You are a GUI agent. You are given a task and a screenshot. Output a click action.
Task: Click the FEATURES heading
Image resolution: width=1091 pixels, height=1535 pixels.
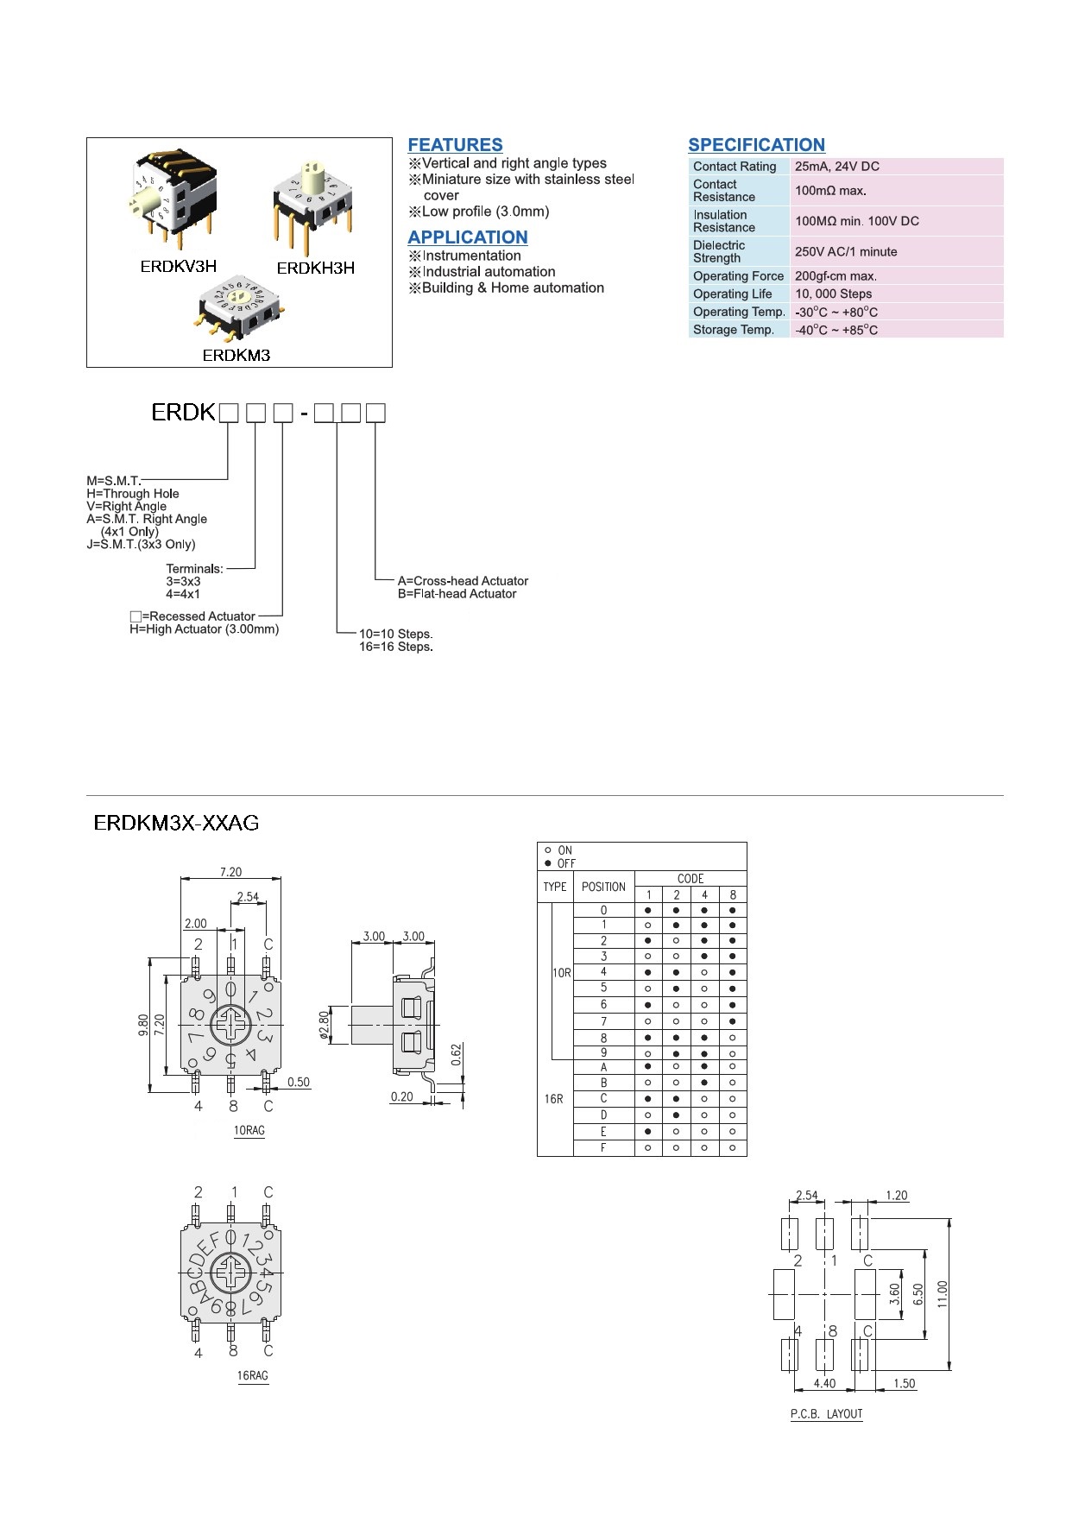pos(455,145)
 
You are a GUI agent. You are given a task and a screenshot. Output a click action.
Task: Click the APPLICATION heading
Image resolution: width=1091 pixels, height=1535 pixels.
pos(467,237)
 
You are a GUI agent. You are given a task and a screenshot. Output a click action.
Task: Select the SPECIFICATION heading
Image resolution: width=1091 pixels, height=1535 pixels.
pos(756,145)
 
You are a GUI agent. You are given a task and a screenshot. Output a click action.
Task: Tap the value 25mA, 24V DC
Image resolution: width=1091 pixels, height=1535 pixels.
pos(836,167)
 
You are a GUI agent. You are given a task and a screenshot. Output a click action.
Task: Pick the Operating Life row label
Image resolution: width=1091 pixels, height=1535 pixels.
pos(732,294)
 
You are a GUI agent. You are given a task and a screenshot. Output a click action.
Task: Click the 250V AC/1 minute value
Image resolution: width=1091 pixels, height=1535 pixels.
pos(845,252)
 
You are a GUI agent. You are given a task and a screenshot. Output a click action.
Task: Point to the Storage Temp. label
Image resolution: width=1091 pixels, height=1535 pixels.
pos(733,330)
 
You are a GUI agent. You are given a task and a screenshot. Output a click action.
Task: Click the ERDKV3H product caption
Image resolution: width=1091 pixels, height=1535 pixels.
pos(178,267)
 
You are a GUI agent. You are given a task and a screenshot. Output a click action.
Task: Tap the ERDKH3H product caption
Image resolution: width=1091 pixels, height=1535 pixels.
pos(315,268)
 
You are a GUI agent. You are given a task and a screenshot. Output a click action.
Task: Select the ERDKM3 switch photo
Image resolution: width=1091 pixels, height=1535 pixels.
pos(239,306)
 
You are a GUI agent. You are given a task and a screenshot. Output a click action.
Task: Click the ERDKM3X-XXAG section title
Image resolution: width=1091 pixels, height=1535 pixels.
pos(176,823)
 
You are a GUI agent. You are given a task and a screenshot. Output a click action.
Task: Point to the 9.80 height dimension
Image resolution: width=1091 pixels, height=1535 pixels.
pos(143,1025)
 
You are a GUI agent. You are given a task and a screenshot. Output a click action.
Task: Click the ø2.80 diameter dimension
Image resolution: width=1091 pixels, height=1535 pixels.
pos(325,1026)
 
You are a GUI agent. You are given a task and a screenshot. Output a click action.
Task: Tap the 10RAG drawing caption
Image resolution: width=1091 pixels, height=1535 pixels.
pos(249,1130)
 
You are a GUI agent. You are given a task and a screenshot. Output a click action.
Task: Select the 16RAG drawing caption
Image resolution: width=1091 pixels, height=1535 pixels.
pos(252,1375)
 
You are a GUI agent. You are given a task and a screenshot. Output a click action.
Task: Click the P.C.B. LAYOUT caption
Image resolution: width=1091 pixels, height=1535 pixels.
pos(826,1414)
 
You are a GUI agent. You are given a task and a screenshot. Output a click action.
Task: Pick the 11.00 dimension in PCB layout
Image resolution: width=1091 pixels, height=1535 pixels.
pos(943,1294)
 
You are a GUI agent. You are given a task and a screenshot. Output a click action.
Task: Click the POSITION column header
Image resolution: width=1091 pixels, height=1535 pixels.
pos(603,887)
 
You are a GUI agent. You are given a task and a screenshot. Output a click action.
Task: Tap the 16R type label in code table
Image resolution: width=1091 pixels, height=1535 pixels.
pos(553,1099)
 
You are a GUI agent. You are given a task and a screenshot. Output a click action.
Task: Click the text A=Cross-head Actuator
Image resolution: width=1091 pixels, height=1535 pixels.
pos(463,581)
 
